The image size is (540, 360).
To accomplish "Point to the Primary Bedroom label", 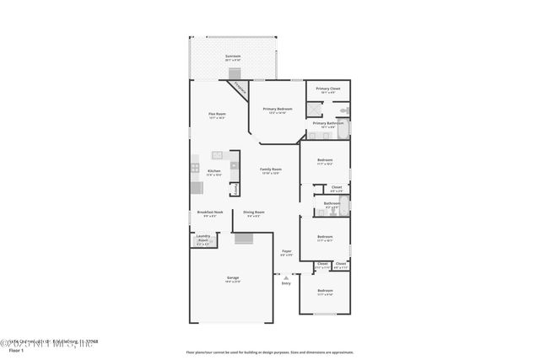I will click(x=278, y=109).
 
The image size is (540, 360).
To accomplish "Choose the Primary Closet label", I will click(x=328, y=89).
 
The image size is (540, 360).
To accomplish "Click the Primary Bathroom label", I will click(x=328, y=123).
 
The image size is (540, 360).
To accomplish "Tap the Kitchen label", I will click(x=214, y=171).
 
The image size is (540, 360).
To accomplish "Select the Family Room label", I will click(x=271, y=169).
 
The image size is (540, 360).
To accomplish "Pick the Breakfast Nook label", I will click(x=210, y=212).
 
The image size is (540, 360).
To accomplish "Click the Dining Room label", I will click(x=254, y=212).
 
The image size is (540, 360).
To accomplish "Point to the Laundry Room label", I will click(x=203, y=238).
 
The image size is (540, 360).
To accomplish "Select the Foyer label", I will click(x=286, y=251).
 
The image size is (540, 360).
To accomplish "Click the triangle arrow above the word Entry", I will click(x=286, y=277).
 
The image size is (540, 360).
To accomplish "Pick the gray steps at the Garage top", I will click(x=244, y=239).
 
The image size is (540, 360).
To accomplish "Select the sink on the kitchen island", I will click(x=217, y=155).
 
